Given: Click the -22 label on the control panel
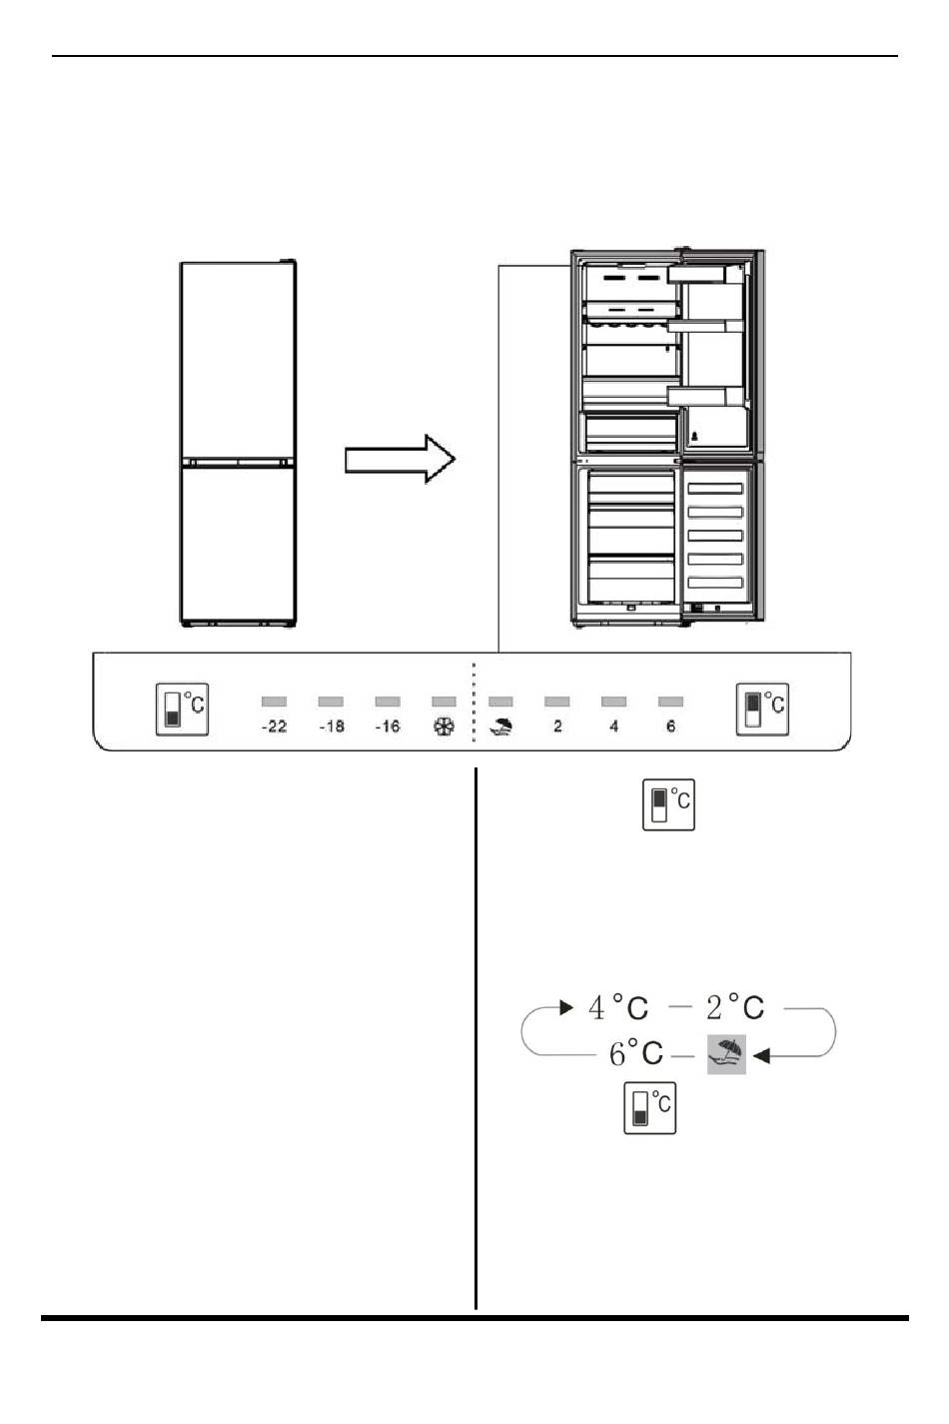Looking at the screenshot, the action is [274, 725].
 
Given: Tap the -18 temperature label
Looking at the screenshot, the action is [332, 725].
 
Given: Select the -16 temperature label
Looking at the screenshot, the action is [388, 725].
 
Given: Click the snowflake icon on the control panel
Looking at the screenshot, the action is [444, 725].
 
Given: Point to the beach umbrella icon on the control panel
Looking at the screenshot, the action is [500, 725].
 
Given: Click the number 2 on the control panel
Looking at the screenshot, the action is [557, 725].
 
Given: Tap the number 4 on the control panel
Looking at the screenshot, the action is [613, 725].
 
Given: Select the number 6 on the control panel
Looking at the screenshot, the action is [670, 725].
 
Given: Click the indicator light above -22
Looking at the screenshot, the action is [274, 702].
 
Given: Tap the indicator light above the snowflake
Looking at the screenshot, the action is [444, 702].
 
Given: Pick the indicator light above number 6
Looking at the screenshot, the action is [670, 702].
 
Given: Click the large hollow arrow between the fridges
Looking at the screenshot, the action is [400, 459].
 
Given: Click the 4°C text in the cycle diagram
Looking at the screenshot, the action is [617, 1007].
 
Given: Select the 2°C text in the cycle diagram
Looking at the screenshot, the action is [735, 1007].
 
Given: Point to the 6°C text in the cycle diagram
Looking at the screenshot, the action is [635, 1053].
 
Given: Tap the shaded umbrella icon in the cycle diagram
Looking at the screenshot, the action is [726, 1054].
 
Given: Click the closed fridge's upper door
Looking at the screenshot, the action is [238, 359].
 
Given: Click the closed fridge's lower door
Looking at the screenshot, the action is [238, 544].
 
